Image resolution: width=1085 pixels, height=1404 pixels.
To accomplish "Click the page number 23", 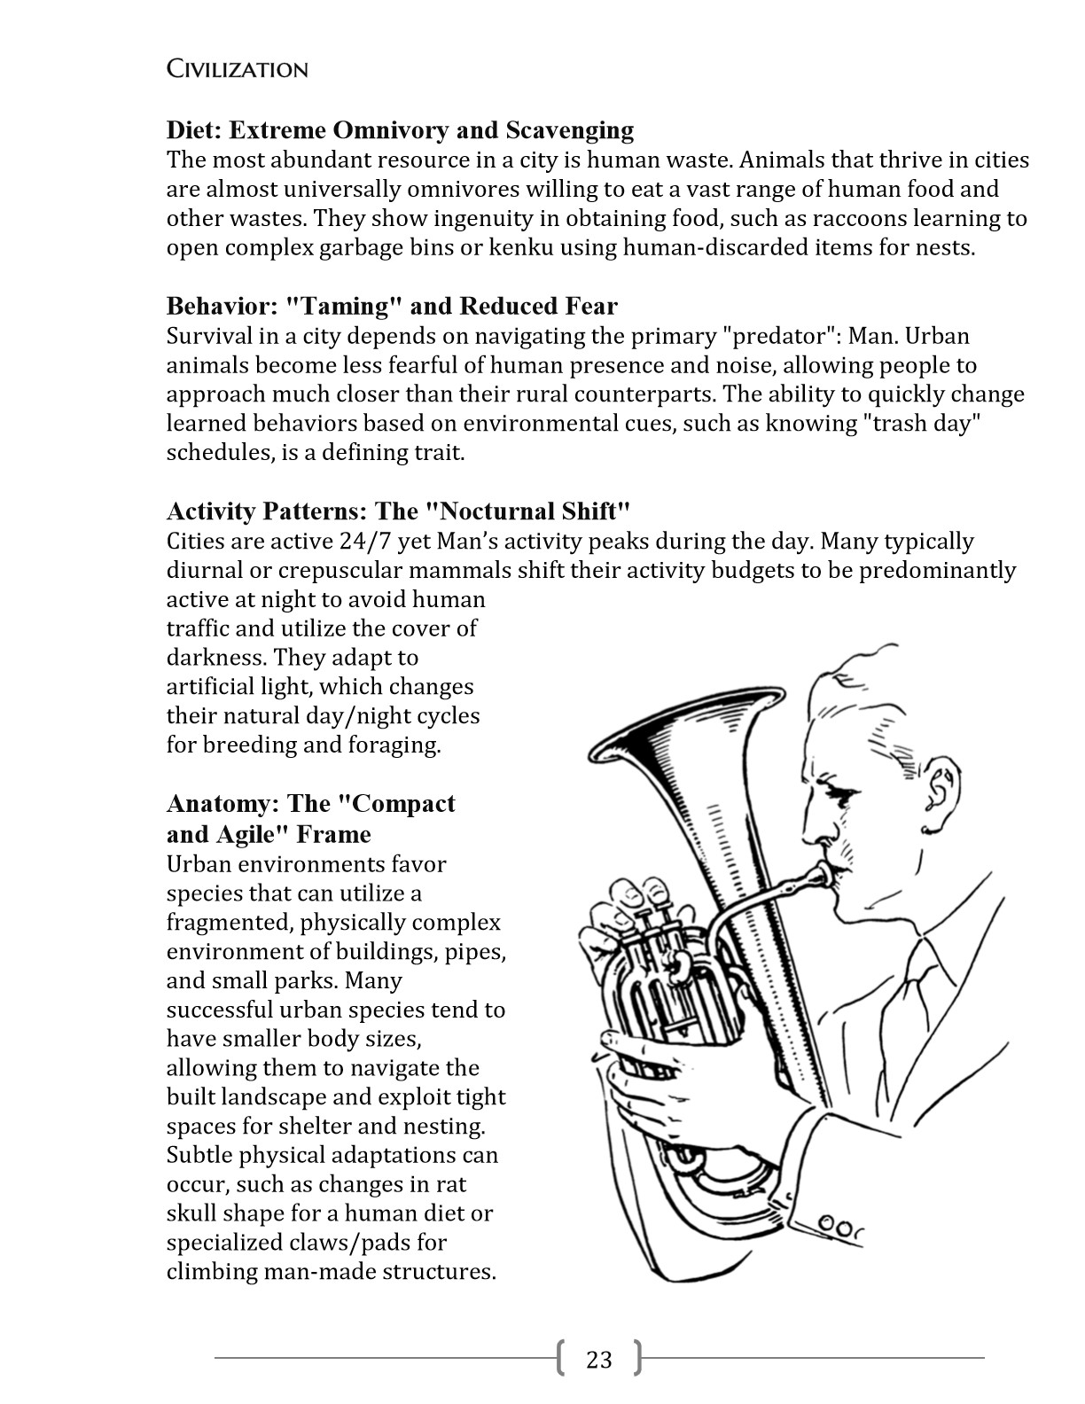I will coord(599,1359).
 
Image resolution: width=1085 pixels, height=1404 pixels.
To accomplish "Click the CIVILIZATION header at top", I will coord(237,69).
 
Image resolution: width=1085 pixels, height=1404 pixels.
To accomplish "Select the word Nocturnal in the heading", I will coord(496,511).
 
